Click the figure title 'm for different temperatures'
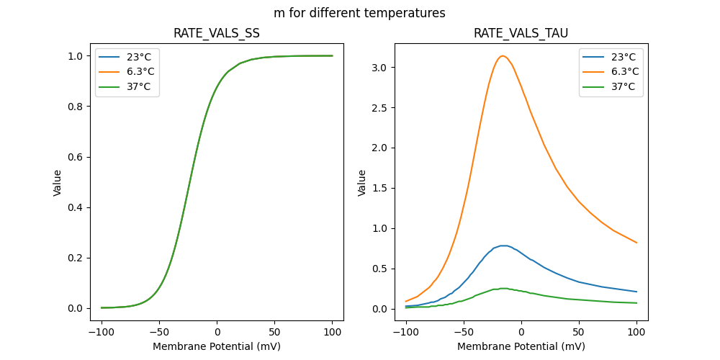[x=359, y=13]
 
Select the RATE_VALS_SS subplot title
[x=217, y=34]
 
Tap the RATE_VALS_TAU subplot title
[x=521, y=34]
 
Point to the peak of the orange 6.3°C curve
[x=503, y=56]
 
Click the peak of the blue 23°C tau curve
[x=504, y=246]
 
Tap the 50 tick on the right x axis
[x=579, y=332]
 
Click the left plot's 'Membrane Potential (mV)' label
[x=217, y=346]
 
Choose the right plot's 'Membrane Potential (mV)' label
[x=521, y=346]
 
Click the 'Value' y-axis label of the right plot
[x=362, y=183]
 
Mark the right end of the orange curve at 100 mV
[x=636, y=243]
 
